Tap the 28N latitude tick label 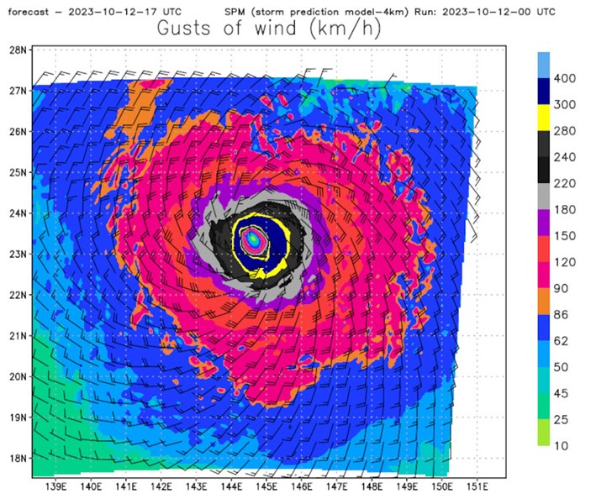(x=18, y=50)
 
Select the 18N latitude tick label (x=18, y=459)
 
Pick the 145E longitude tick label (x=266, y=486)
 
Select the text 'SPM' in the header (x=237, y=11)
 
